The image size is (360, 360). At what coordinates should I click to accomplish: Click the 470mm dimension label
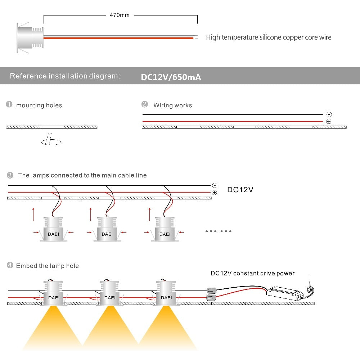click(x=120, y=15)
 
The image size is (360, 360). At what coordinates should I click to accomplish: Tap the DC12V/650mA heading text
click(x=171, y=77)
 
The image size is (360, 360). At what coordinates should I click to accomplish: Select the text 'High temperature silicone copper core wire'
click(x=269, y=37)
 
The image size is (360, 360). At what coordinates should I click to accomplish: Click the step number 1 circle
click(x=9, y=105)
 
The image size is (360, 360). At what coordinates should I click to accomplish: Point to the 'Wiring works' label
click(x=172, y=105)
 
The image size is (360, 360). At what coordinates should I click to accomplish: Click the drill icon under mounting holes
click(x=51, y=140)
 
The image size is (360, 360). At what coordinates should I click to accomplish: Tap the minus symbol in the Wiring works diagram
click(x=328, y=114)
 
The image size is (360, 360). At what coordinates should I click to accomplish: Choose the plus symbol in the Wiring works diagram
click(x=328, y=122)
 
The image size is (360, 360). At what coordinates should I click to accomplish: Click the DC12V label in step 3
click(x=240, y=189)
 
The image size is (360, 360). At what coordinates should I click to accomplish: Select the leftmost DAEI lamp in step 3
click(x=53, y=229)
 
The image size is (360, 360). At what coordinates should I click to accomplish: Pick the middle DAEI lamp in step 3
click(x=107, y=229)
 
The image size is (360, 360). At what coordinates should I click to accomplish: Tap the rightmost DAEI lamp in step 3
click(x=165, y=229)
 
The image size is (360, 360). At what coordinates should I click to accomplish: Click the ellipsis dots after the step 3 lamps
click(x=219, y=231)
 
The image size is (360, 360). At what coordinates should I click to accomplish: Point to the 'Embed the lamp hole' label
click(x=47, y=266)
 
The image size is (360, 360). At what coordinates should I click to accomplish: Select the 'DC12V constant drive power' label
click(x=252, y=273)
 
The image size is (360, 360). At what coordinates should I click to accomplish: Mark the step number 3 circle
click(x=10, y=175)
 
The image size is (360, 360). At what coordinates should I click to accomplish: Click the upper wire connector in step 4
click(x=211, y=290)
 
